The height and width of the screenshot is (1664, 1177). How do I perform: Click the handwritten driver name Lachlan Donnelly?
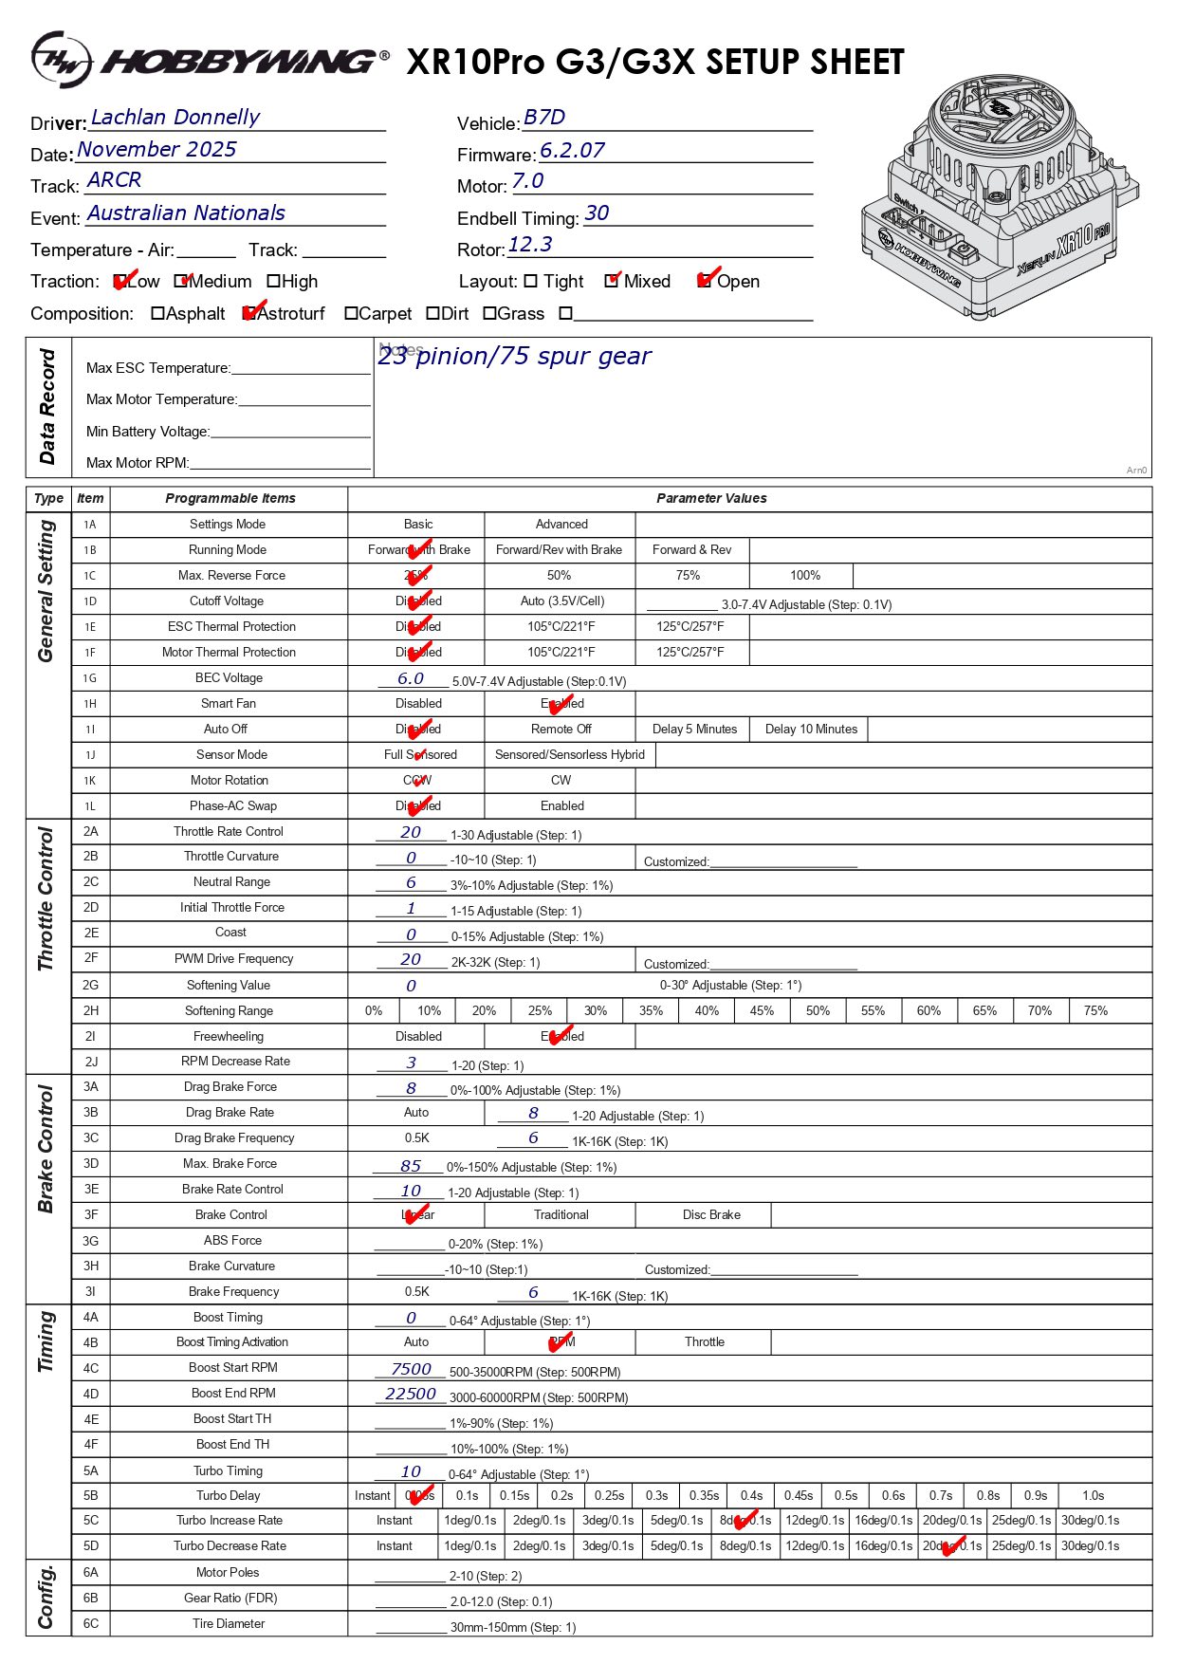coord(175,118)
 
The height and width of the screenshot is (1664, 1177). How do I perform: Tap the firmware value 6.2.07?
coord(572,151)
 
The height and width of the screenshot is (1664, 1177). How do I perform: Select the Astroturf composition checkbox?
coord(249,314)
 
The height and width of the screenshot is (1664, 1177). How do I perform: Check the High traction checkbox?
coord(274,282)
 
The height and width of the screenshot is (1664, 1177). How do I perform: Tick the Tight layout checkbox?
coord(530,282)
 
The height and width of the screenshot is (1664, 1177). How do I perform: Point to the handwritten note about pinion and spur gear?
coord(514,357)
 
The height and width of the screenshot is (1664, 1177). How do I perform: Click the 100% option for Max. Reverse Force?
coord(805,576)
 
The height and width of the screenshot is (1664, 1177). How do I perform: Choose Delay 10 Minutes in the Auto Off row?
coord(811,730)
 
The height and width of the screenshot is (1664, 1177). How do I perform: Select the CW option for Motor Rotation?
coord(561,781)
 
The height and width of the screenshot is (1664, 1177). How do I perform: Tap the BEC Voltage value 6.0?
coord(410,679)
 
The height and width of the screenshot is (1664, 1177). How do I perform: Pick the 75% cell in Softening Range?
coord(1095,1011)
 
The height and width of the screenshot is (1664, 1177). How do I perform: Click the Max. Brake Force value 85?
coord(411,1166)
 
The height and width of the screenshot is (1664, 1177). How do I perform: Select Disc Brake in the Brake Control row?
coord(711,1215)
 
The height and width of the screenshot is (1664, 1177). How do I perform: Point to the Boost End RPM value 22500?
coord(411,1395)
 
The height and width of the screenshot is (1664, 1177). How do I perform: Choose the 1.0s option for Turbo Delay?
coord(1093,1496)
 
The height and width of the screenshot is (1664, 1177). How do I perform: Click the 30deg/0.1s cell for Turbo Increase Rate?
coord(1090,1521)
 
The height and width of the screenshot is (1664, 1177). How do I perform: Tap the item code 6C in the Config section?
coord(90,1623)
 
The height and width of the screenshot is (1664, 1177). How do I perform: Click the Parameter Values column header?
coord(711,498)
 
